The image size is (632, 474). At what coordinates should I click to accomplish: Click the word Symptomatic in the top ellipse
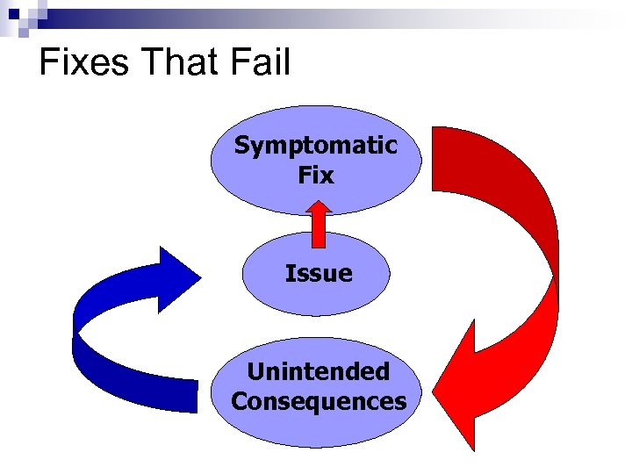click(315, 146)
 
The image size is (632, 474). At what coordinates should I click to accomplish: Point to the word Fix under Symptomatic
click(315, 176)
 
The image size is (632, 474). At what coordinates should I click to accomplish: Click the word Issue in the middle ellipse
click(318, 274)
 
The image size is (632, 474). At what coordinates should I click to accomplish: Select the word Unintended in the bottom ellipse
click(318, 372)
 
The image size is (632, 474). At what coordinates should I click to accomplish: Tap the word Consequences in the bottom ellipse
click(319, 402)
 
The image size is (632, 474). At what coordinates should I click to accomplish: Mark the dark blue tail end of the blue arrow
click(180, 395)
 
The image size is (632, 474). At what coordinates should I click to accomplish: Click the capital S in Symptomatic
click(242, 146)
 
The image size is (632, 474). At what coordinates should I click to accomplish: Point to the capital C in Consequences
click(240, 402)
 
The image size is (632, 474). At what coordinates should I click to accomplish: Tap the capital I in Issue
click(289, 274)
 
